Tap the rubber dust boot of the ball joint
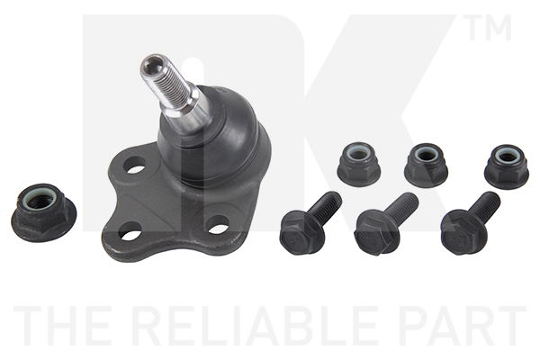[213, 134]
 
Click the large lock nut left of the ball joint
[44, 211]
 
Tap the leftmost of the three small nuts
[359, 164]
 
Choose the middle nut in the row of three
[426, 166]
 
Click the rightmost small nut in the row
[506, 166]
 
